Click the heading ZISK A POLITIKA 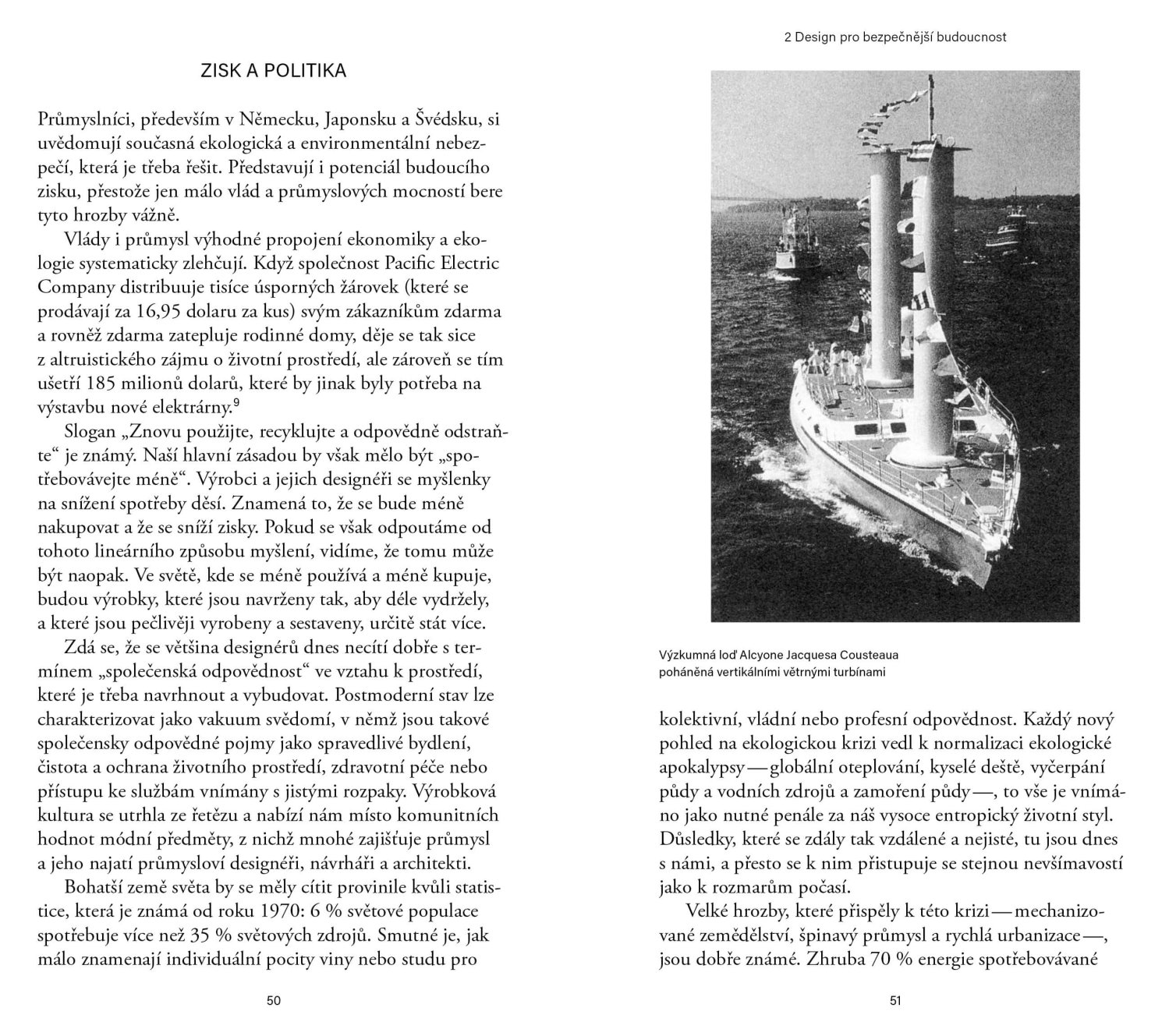point(273,72)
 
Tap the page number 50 point(273,1001)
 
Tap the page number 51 point(895,1001)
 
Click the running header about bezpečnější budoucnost point(895,37)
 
